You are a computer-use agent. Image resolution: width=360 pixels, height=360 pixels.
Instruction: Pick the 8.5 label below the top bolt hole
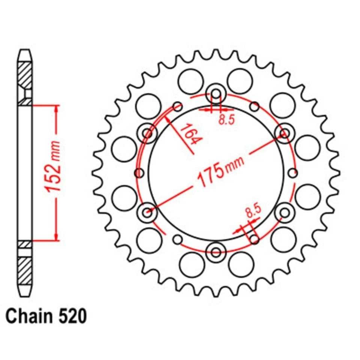226,120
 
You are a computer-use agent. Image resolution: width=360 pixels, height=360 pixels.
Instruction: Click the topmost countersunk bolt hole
216,93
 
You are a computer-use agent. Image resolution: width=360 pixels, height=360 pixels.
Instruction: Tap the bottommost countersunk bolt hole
216,251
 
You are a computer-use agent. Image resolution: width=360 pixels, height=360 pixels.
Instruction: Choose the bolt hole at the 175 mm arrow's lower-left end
147,212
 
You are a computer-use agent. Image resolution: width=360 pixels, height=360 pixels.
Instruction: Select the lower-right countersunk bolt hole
285,212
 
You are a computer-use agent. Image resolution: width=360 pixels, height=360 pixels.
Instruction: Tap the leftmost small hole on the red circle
139,173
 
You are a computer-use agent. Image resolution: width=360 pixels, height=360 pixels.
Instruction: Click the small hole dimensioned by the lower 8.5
255,239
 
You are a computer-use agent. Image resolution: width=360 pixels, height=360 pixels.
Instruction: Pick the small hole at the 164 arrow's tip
177,107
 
